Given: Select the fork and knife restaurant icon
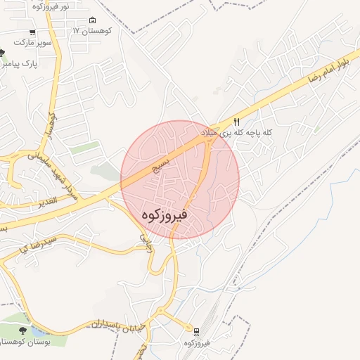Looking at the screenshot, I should (x=236, y=122).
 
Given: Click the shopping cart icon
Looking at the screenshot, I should (x=32, y=32).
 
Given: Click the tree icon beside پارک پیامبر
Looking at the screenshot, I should (x=2, y=53).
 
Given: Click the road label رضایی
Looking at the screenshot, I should (x=146, y=243).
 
